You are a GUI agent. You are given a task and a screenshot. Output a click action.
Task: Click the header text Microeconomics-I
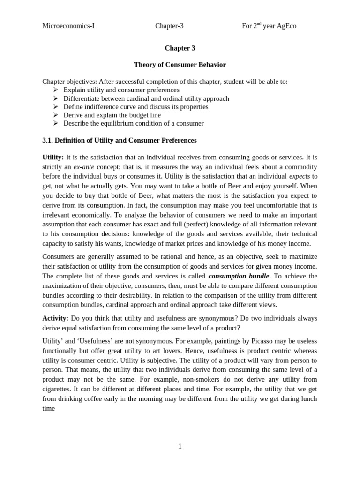point(68,26)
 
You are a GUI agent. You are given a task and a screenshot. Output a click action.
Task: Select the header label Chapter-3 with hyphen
point(169,26)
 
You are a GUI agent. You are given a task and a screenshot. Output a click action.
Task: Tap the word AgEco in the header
point(286,26)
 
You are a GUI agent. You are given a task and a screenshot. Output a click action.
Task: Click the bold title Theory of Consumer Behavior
point(180,65)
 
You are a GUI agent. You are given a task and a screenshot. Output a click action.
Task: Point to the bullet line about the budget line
point(112,115)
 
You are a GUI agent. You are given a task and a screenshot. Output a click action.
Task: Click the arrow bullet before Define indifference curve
point(55,106)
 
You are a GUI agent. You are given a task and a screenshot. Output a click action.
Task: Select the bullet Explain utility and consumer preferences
point(121,90)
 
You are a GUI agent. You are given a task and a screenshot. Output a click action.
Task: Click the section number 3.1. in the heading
point(49,140)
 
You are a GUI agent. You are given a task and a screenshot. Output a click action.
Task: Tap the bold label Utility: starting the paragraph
point(53,157)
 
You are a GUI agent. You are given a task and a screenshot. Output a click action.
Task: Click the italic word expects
point(299,176)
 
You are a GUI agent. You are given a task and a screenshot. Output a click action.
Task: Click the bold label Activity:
point(55,318)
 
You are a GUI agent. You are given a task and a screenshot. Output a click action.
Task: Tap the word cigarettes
point(58,389)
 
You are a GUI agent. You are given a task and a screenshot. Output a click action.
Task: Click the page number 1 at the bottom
point(180,446)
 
